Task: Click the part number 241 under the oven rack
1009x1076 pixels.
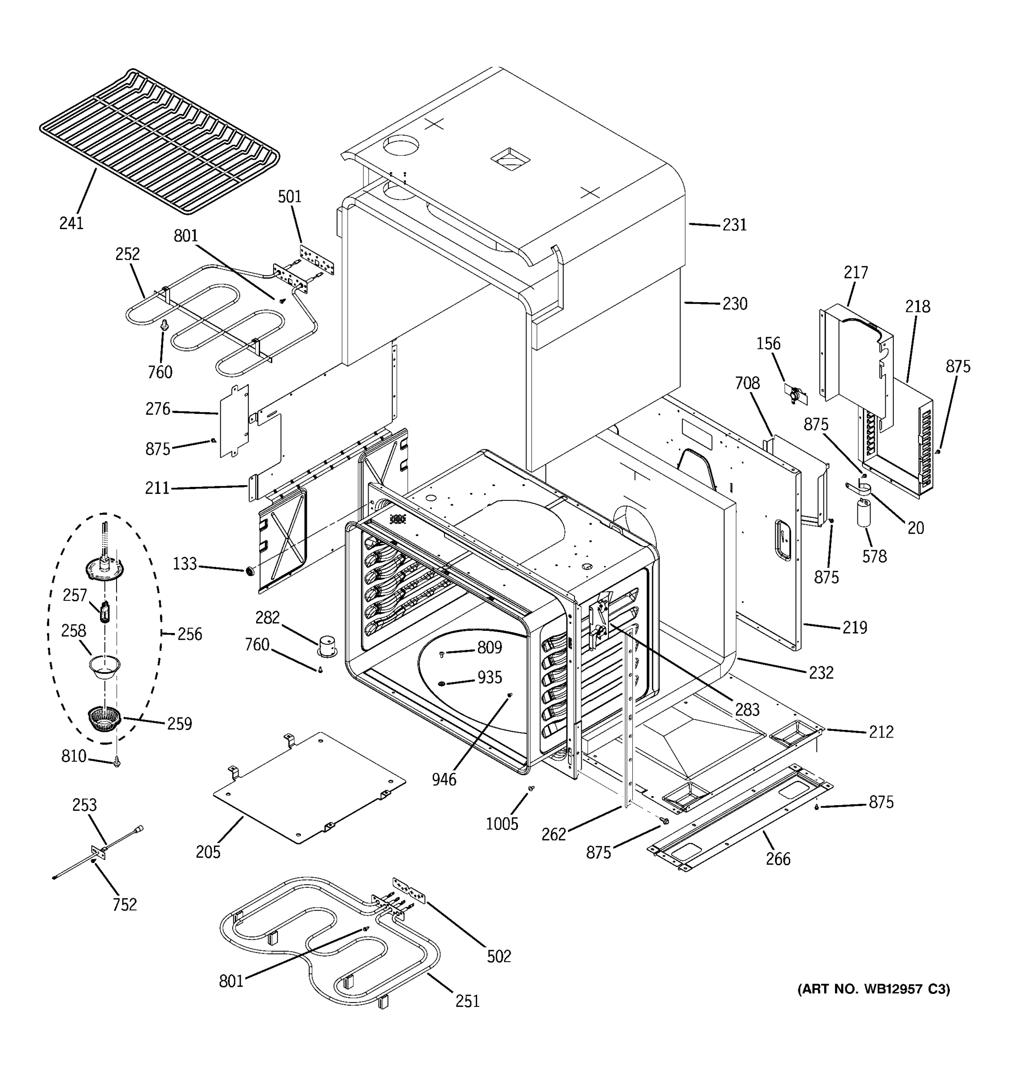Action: [71, 222]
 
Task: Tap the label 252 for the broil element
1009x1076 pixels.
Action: [127, 254]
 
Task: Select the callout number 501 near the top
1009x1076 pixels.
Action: [290, 196]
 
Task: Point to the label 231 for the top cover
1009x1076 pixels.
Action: [735, 225]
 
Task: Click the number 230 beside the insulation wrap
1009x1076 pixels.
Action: [735, 304]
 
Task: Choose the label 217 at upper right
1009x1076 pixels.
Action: [855, 272]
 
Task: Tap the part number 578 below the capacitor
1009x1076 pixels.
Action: [874, 556]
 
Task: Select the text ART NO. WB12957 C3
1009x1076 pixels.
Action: [873, 989]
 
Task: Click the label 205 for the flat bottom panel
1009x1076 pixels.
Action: [209, 852]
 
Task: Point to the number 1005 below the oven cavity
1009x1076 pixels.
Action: [502, 824]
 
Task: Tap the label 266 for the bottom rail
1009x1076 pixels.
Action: [778, 859]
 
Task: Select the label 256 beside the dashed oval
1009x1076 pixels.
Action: [189, 634]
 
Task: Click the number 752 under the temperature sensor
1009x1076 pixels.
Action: [125, 904]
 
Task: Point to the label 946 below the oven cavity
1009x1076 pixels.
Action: [444, 779]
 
